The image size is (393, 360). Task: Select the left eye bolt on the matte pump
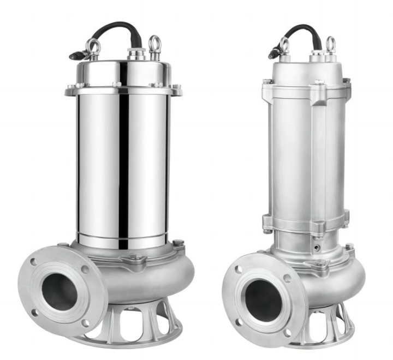click(x=284, y=45)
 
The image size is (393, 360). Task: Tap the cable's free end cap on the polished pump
click(x=76, y=55)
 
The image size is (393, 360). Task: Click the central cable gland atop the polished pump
click(x=134, y=53)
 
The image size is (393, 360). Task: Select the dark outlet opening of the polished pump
click(x=59, y=292)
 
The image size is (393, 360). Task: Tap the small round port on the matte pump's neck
click(x=317, y=247)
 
